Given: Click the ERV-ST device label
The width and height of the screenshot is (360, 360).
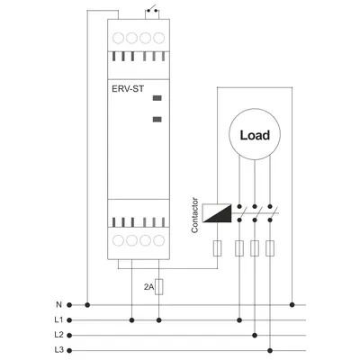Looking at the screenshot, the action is click(x=128, y=89).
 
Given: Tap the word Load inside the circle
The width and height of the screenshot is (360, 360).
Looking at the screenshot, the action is click(x=255, y=135).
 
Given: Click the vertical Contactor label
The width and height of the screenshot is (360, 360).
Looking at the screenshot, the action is click(x=194, y=215).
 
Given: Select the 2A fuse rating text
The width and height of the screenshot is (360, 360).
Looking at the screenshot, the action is click(x=148, y=287).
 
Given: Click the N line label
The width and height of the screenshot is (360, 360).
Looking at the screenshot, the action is click(x=58, y=305).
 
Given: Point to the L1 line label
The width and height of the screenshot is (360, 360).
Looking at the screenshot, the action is click(x=58, y=320).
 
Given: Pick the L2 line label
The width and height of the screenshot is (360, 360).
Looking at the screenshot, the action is click(x=58, y=335).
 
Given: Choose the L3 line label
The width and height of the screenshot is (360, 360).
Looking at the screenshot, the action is click(x=58, y=350).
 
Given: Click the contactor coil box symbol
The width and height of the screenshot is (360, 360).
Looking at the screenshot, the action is click(x=217, y=213).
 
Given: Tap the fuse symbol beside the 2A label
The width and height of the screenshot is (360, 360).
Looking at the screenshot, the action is click(x=159, y=287).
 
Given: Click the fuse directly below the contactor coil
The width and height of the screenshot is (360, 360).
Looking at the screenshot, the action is click(x=217, y=248).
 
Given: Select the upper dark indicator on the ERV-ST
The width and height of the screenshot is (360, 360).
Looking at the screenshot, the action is click(x=157, y=98).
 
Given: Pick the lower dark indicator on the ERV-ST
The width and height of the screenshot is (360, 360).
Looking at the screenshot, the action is click(x=157, y=120).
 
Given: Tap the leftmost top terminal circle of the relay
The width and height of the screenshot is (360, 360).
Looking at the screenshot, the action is click(x=118, y=38).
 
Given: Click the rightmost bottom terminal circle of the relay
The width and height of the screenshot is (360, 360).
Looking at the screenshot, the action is click(x=159, y=240).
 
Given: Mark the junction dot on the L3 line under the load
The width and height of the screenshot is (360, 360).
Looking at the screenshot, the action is click(x=270, y=350).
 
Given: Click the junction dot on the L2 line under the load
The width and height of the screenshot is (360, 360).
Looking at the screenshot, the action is click(x=255, y=335).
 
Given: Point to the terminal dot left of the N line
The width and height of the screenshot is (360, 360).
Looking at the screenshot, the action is click(x=69, y=305).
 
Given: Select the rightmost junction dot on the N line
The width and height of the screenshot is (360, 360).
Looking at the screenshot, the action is click(x=292, y=305).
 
